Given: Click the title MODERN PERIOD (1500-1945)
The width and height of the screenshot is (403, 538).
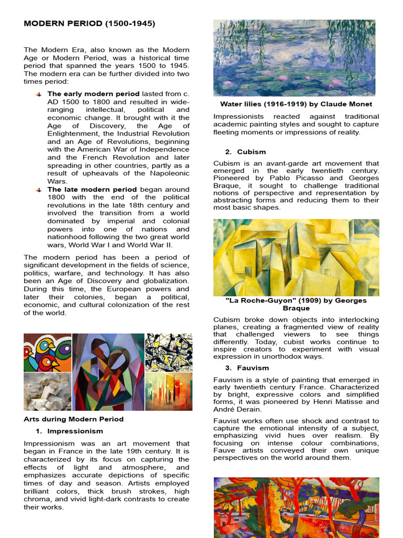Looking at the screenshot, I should [x=89, y=24].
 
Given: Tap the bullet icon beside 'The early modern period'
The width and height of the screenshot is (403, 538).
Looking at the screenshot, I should [x=38, y=94].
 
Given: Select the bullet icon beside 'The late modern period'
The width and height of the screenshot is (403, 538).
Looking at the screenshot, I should [x=38, y=189].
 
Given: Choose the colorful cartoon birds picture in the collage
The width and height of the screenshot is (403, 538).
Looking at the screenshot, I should [x=47, y=353].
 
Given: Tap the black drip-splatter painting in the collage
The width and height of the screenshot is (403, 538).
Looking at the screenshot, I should [x=168, y=352].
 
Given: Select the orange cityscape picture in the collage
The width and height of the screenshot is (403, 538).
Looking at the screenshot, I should [x=168, y=392].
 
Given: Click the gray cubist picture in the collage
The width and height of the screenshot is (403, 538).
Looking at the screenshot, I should [x=47, y=392].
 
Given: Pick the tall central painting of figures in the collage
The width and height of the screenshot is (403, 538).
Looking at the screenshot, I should [x=108, y=372].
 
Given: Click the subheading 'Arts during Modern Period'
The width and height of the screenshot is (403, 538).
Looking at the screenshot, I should [x=73, y=419].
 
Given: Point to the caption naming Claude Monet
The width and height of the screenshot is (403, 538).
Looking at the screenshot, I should [x=296, y=104].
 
